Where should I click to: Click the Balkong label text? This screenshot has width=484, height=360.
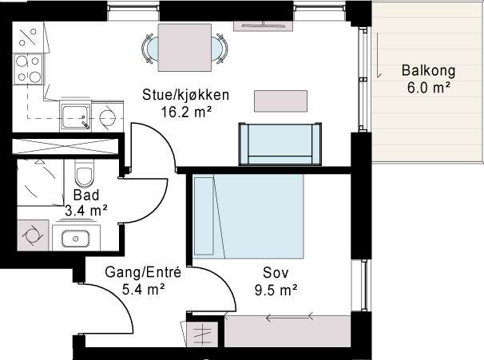point(428,70)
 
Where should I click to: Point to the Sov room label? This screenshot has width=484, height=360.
point(276,273)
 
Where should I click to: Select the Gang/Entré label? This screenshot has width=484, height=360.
point(143,272)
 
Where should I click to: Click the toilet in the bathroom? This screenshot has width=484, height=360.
point(84,174)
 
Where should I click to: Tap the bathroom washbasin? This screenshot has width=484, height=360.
point(76,239)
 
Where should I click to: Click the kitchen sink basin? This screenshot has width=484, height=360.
point(76,116)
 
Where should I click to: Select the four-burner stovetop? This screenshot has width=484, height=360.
point(28,69)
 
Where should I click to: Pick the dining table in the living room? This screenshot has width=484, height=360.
point(184,48)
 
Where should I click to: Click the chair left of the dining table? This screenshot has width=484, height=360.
point(150,49)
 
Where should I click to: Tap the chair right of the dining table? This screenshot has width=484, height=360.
point(220,49)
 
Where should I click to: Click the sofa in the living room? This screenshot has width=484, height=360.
point(280,144)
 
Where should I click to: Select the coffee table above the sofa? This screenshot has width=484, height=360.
point(280,101)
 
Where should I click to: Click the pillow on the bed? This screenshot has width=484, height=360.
point(204,216)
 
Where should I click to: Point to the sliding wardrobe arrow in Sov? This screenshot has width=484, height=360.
point(290,317)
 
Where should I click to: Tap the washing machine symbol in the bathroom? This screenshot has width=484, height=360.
point(33,235)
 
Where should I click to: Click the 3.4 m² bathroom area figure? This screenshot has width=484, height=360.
point(86,211)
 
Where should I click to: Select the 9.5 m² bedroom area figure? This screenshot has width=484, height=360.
point(276,290)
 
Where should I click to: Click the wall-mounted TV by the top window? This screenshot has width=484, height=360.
point(264,26)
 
